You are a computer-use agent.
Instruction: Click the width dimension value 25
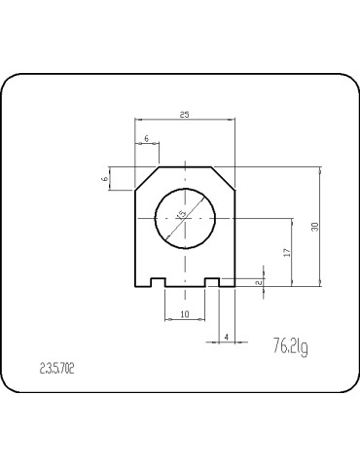pyautogui.click(x=185, y=115)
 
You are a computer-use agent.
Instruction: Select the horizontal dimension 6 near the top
pyautogui.click(x=147, y=140)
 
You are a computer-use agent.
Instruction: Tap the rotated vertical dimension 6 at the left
pyautogui.click(x=104, y=178)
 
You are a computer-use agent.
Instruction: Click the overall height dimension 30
pyautogui.click(x=314, y=226)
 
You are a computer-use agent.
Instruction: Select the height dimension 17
pyautogui.click(x=286, y=252)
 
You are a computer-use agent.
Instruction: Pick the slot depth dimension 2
pyautogui.click(x=258, y=281)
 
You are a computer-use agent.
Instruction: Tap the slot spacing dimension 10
pyautogui.click(x=185, y=315)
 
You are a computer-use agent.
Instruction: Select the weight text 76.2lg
pyautogui.click(x=291, y=344)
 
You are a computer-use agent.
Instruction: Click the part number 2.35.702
pyautogui.click(x=57, y=369)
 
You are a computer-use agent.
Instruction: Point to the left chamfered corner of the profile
pyautogui.click(x=147, y=178)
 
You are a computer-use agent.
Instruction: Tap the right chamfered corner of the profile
pyautogui.click(x=223, y=178)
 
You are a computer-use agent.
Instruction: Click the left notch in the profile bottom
pyautogui.click(x=158, y=283)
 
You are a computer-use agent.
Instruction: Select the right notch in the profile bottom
pyautogui.click(x=211, y=283)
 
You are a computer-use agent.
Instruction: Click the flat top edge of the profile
pyautogui.click(x=185, y=166)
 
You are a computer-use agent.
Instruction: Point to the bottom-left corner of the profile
pyautogui.click(x=134, y=288)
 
